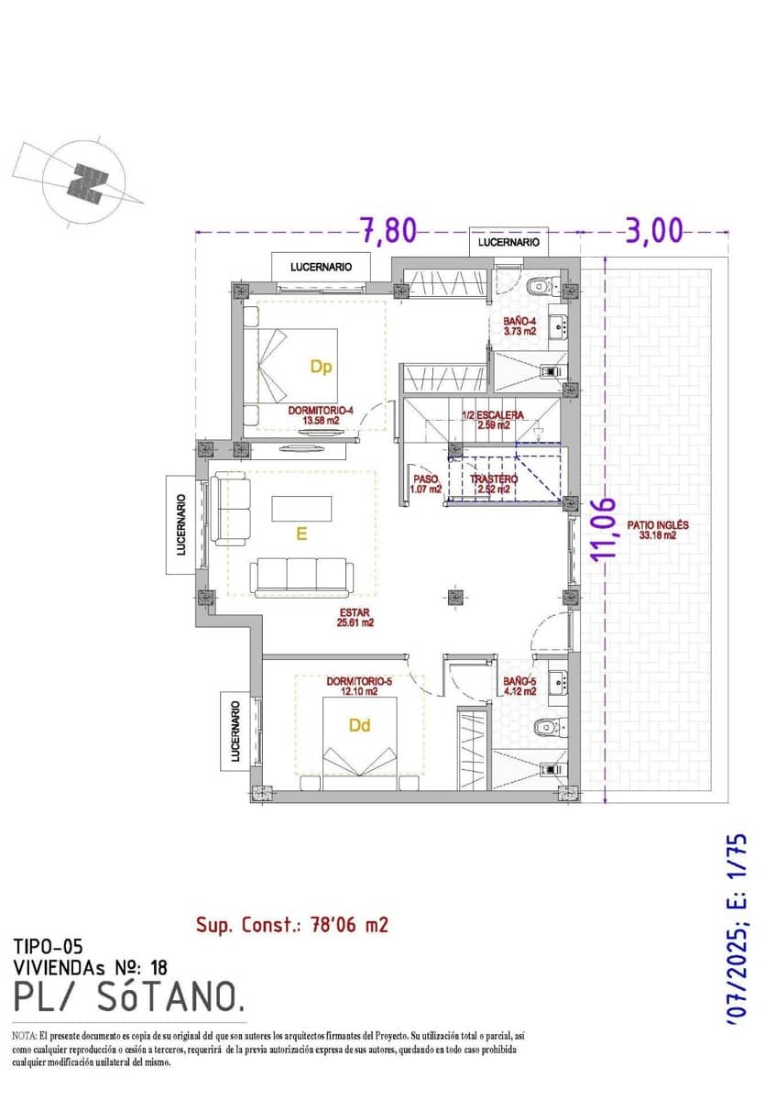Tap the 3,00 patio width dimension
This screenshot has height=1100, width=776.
click(x=654, y=230)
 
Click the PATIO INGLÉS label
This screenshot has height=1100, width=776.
click(x=657, y=531)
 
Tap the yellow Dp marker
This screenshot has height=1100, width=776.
click(x=321, y=367)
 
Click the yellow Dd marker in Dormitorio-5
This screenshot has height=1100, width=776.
click(x=360, y=725)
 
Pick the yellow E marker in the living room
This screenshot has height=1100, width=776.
click(x=301, y=534)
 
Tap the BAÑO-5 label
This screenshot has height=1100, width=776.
click(x=519, y=687)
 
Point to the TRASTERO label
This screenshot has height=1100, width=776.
click(x=494, y=484)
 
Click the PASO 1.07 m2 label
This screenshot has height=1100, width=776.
click(x=426, y=484)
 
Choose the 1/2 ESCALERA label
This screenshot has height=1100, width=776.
click(x=493, y=420)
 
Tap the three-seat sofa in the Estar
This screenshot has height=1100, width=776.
click(x=301, y=576)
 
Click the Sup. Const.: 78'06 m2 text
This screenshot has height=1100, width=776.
click(x=291, y=924)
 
